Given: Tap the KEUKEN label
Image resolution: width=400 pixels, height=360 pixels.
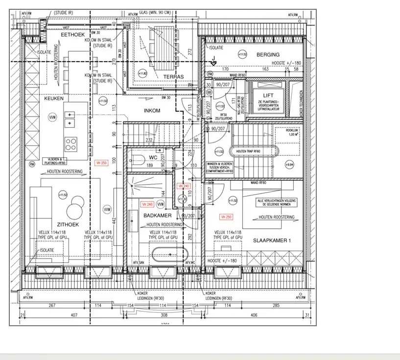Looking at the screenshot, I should [54, 98].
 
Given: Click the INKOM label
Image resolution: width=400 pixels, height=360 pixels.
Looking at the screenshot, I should [152, 111].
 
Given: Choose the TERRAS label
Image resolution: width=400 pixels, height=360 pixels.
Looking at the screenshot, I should [174, 77].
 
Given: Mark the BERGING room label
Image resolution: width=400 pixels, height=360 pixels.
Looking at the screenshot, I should [268, 55].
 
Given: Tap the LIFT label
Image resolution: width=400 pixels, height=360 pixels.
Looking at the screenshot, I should [268, 96].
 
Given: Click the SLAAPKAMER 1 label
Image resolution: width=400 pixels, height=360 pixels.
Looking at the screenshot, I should [272, 240].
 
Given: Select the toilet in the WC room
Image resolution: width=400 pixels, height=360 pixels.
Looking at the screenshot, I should [138, 158].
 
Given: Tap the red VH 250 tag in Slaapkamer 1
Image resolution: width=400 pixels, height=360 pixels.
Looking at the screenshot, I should [226, 216].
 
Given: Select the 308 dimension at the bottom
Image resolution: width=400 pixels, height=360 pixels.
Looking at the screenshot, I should [165, 315].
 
